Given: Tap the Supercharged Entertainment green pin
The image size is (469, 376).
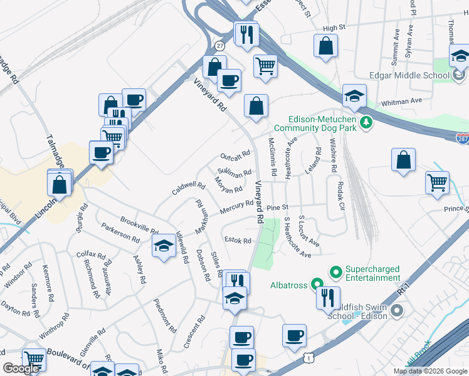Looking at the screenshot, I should (335, 273).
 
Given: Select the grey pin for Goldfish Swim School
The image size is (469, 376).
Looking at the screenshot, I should (396, 310).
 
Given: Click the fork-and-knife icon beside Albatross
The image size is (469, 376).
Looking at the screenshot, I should (327, 298).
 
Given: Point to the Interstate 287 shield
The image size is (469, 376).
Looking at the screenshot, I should (462, 137).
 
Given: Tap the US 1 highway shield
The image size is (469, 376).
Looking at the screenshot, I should (308, 357).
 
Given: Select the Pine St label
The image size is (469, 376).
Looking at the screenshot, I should (277, 207).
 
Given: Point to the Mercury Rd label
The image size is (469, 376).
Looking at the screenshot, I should (236, 207).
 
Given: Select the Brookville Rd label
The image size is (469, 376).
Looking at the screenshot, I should (139, 226).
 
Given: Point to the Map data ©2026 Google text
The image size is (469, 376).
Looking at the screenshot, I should (429, 371).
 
